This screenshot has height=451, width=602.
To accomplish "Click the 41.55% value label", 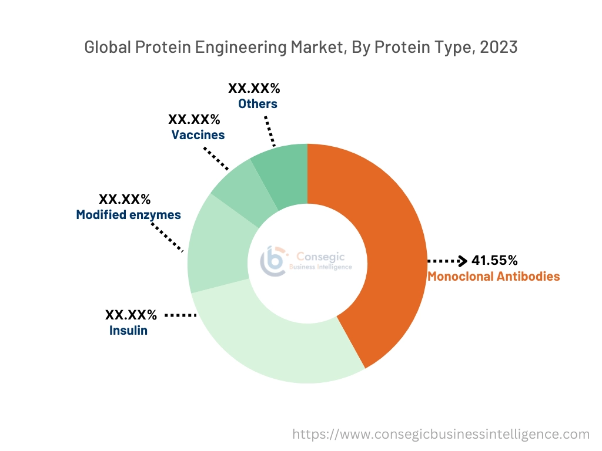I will (494, 260).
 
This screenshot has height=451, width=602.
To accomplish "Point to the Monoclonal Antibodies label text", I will (493, 276).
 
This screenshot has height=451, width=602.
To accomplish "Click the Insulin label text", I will (128, 331).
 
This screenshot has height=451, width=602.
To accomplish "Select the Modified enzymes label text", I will (128, 215).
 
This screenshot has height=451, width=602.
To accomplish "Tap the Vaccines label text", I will (198, 135).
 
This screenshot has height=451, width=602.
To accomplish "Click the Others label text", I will (257, 104).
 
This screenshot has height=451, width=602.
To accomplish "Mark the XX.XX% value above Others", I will (254, 89).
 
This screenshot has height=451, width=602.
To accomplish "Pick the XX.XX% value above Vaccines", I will (194, 120).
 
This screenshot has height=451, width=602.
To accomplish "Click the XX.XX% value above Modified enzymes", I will (125, 199).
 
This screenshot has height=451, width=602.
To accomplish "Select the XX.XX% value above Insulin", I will (131, 315).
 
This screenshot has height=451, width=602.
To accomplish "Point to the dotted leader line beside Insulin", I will (180, 315).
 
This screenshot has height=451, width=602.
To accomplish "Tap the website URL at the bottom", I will (441, 435).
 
